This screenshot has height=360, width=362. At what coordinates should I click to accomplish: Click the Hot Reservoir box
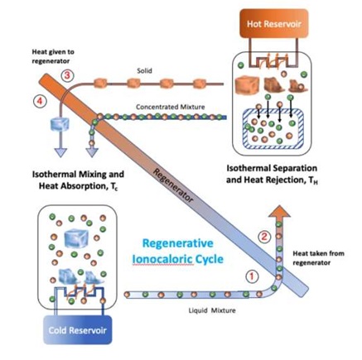pyautogui.click(x=273, y=23)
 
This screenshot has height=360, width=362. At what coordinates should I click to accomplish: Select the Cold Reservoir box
pyautogui.click(x=78, y=330)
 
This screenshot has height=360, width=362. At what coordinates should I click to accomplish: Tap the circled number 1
pyautogui.click(x=252, y=276)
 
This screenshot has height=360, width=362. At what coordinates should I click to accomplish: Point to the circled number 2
pyautogui.click(x=264, y=237)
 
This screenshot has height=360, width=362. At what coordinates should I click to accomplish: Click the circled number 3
pyautogui.click(x=67, y=75)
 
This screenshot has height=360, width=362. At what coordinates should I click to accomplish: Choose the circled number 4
pyautogui.click(x=40, y=102)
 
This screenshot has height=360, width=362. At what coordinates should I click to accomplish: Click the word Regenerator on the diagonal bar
pyautogui.click(x=173, y=185)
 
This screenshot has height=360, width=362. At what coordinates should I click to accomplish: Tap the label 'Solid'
pyautogui.click(x=144, y=70)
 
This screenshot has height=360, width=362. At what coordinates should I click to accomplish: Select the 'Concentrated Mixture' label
pyautogui.click(x=171, y=107)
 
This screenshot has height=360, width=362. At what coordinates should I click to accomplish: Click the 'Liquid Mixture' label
pyautogui.click(x=212, y=310)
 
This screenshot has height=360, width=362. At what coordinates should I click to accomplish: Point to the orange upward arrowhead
pyautogui.click(x=279, y=213)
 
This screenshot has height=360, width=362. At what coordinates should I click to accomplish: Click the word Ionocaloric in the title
pyautogui.click(x=162, y=259)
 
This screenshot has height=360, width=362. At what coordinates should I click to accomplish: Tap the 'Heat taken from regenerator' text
pyautogui.click(x=318, y=257)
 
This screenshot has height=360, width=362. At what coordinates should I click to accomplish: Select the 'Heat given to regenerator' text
pyautogui.click(x=53, y=56)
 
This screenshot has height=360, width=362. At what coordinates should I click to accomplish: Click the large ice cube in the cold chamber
pyautogui.click(x=76, y=238)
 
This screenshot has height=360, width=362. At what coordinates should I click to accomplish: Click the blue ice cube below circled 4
pyautogui.click(x=60, y=124)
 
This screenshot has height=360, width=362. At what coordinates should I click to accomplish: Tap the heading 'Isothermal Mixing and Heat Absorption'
pyautogui.click(x=78, y=180)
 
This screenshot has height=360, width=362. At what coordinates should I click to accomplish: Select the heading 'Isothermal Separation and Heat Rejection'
pyautogui.click(x=272, y=174)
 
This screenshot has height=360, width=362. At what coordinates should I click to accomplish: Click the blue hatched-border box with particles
pyautogui.click(x=273, y=129)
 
